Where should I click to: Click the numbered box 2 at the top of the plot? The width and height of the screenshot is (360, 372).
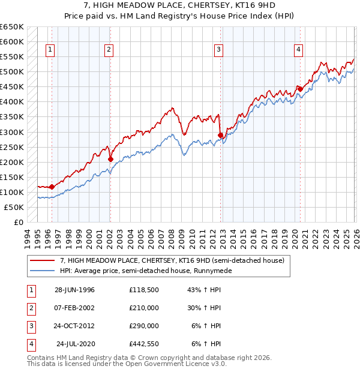point(109,50)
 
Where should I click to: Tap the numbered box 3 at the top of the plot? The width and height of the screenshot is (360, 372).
point(219,50)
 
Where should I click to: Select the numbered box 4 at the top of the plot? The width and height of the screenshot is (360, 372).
point(298,50)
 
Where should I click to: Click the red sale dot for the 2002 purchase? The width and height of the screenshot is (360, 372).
point(110,159)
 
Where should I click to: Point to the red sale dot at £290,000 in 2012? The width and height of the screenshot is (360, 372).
point(221,135)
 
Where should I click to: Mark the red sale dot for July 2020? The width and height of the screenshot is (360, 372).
point(300,89)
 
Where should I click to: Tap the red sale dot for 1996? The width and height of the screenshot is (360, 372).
point(52,187)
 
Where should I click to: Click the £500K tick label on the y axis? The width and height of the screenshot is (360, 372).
point(12,72)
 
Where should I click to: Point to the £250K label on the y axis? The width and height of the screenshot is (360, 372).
point(12,147)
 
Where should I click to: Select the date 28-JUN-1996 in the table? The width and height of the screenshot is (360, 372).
point(75,290)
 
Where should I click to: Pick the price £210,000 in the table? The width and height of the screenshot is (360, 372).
point(144,308)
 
